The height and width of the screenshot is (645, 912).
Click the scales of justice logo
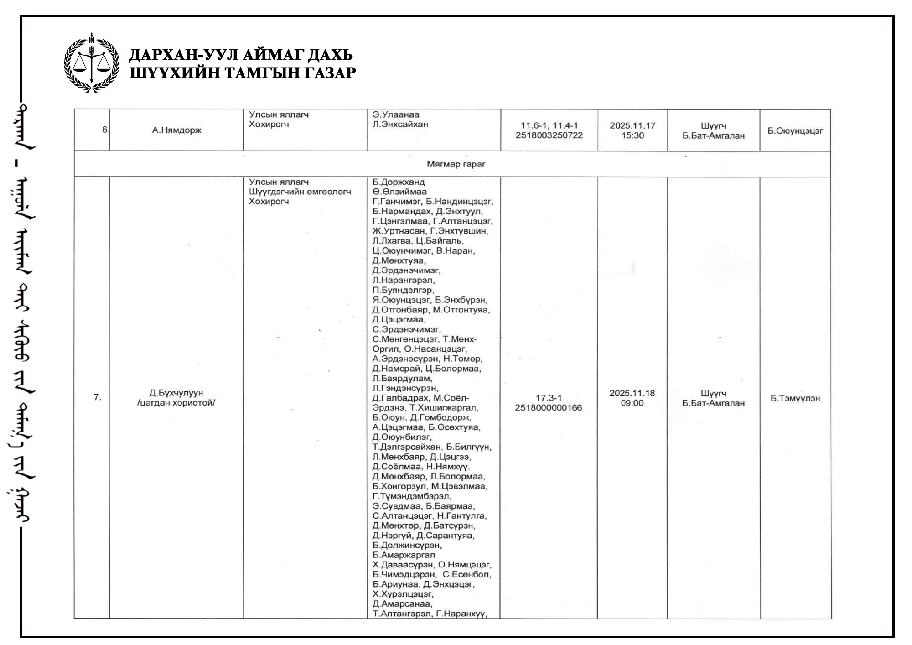pyautogui.click(x=92, y=63)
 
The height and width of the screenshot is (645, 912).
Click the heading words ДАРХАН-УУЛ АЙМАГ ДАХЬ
pyautogui.click(x=241, y=55)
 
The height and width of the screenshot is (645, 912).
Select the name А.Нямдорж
pyautogui.click(x=176, y=130)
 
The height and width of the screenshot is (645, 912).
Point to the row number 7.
pyautogui.click(x=97, y=397)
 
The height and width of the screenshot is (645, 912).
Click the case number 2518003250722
pyautogui.click(x=549, y=135)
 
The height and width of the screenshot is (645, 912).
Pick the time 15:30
pyautogui.click(x=632, y=135)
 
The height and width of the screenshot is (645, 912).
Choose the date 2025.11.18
pyautogui.click(x=632, y=393)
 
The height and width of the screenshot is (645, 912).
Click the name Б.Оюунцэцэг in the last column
pyautogui.click(x=795, y=131)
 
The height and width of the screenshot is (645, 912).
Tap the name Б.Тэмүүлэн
pyautogui.click(x=795, y=398)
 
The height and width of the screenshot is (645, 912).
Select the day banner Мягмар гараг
pyautogui.click(x=456, y=164)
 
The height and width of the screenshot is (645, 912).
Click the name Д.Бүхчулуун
pyautogui.click(x=176, y=393)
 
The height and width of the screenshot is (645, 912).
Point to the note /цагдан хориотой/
pyautogui.click(x=176, y=403)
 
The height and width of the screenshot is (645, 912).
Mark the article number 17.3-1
pyautogui.click(x=549, y=398)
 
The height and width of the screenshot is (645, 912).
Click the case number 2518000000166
pyautogui.click(x=549, y=408)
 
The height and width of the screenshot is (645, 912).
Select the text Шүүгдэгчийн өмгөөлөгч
pyautogui.click(x=300, y=192)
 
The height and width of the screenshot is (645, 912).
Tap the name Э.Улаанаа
pyautogui.click(x=396, y=114)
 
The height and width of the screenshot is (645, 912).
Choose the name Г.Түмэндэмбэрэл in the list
pyautogui.click(x=412, y=496)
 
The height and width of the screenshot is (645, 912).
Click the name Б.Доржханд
pyautogui.click(x=398, y=182)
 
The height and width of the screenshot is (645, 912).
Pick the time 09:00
pyautogui.click(x=632, y=403)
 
